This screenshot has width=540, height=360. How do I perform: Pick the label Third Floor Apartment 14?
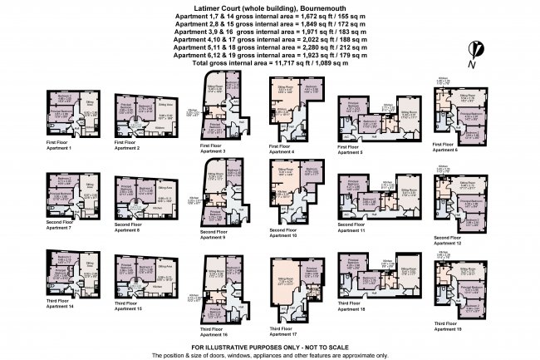pyautogui.click(x=61, y=305)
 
